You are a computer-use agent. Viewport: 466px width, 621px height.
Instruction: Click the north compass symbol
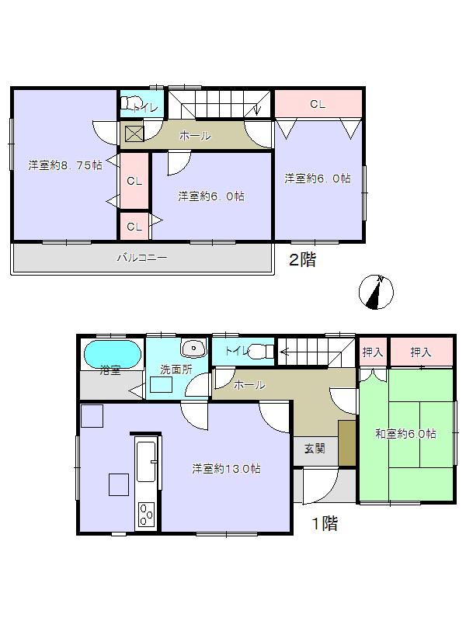pyautogui.click(x=376, y=292)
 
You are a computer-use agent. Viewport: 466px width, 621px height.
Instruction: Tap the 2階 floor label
pyautogui.click(x=302, y=261)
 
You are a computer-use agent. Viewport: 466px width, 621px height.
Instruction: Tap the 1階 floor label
pyautogui.click(x=324, y=524)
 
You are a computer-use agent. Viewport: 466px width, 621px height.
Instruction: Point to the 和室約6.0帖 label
pyautogui.click(x=405, y=433)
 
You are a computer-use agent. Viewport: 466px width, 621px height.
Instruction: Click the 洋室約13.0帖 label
pyautogui.click(x=226, y=468)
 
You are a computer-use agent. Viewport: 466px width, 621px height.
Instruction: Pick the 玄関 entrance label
pyautogui.click(x=315, y=448)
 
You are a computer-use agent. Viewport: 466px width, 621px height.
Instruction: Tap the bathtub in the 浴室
pyautogui.click(x=112, y=355)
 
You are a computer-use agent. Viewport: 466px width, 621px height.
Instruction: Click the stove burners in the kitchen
pyautogui.click(x=146, y=514)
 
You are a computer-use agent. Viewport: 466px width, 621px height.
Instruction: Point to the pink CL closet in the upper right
pyautogui.click(x=318, y=104)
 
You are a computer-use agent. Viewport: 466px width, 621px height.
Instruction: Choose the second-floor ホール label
pyautogui.click(x=194, y=136)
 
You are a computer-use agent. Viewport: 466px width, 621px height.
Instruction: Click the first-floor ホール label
pyautogui.click(x=249, y=384)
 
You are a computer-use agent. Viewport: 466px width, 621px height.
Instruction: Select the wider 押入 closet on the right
pyautogui.click(x=421, y=352)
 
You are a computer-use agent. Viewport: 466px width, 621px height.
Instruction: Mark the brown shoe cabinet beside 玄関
pyautogui.click(x=346, y=442)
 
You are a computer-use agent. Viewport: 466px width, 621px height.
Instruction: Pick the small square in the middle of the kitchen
pyautogui.click(x=119, y=484)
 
